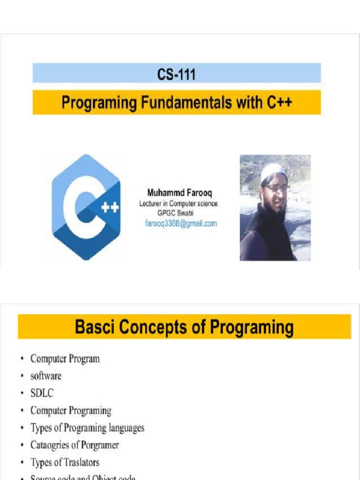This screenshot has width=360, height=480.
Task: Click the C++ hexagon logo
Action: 86,207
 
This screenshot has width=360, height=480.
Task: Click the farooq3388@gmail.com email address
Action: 180,224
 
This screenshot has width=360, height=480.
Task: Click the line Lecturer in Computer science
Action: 178,203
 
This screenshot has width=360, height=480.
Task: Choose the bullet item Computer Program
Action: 65,359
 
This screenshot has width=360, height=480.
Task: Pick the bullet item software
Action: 46,376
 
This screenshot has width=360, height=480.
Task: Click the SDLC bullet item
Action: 42,393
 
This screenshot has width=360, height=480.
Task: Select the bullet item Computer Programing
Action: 71,411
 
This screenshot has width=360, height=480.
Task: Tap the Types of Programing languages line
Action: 87,428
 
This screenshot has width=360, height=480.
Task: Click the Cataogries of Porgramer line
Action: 75,445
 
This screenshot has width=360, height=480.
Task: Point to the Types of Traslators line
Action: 65,462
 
